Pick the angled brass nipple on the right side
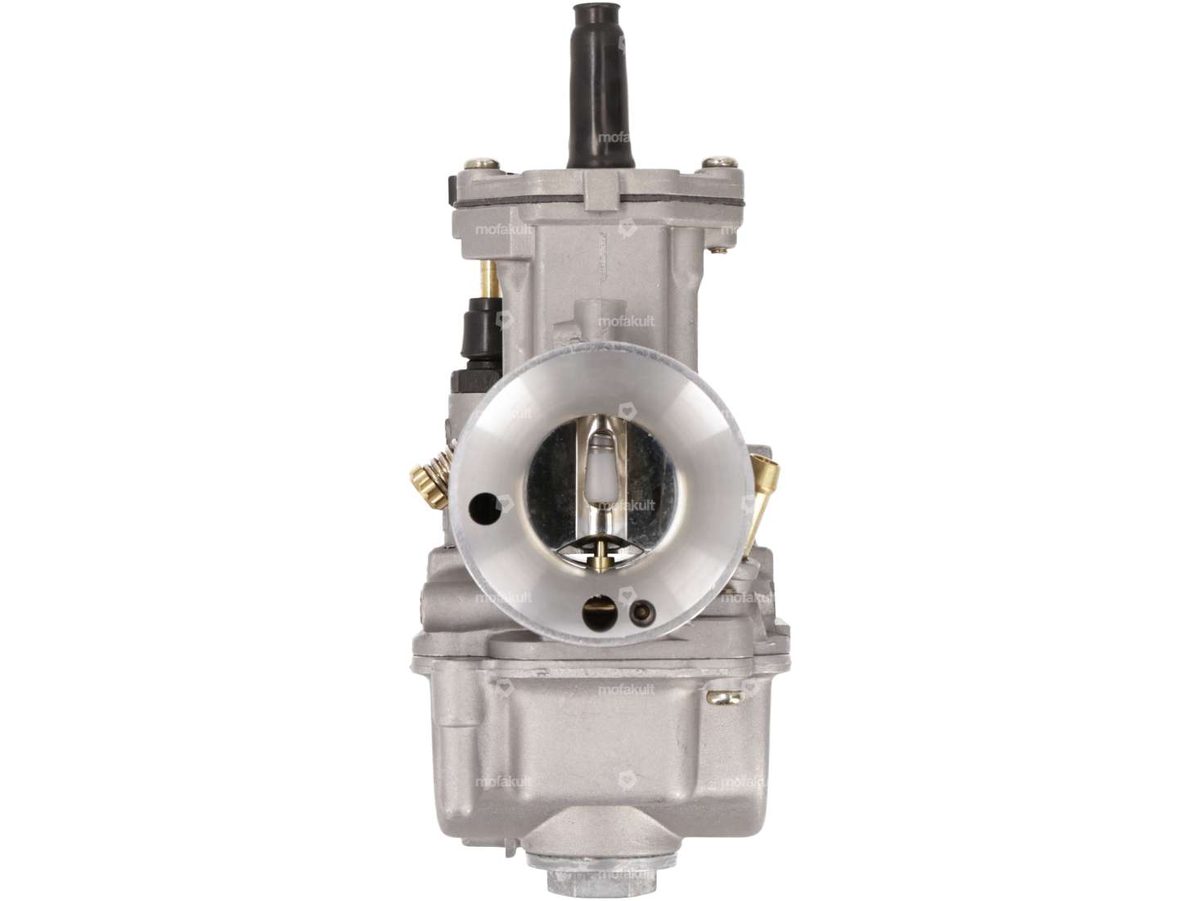click(765, 499)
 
